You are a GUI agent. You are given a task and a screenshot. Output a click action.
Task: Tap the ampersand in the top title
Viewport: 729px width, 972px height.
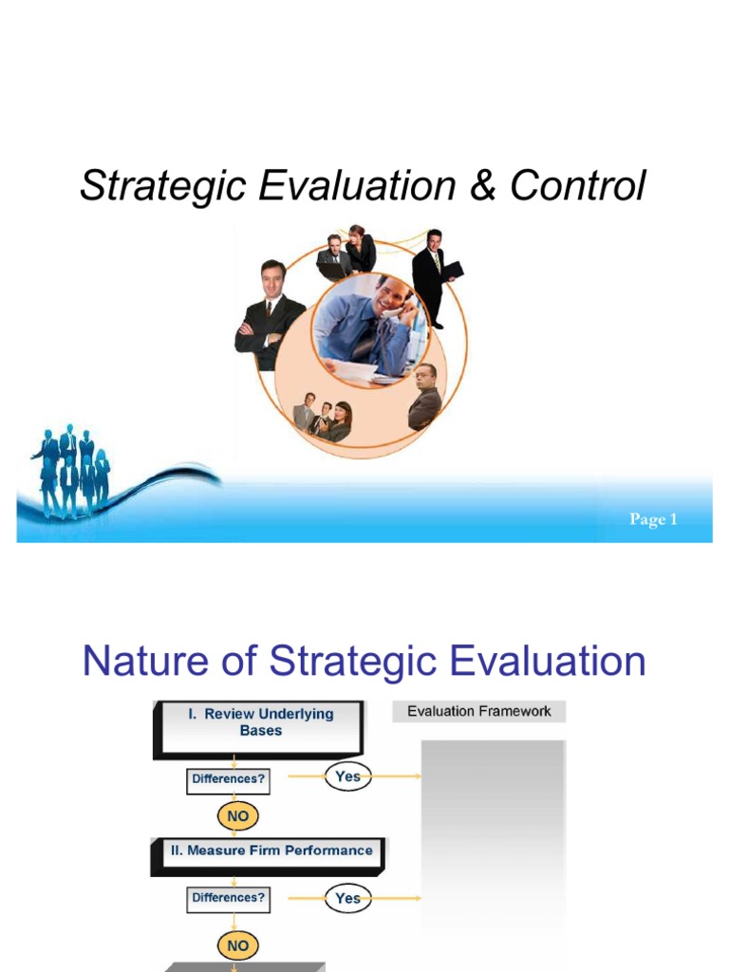click(482, 186)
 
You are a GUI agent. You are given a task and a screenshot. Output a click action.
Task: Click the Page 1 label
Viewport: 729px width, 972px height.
click(653, 519)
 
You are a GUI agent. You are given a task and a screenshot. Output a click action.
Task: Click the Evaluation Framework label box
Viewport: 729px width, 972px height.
click(478, 711)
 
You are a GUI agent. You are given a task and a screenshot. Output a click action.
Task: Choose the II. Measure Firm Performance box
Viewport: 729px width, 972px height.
click(271, 850)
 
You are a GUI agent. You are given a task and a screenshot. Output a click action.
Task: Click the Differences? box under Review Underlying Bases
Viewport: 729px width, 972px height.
click(229, 780)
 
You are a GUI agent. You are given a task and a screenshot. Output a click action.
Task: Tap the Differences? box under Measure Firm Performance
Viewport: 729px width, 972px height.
click(229, 897)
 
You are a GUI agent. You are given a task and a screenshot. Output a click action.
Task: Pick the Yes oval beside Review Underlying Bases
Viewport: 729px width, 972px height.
click(347, 777)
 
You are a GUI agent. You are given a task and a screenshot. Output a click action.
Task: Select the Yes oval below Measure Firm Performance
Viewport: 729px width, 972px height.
click(347, 897)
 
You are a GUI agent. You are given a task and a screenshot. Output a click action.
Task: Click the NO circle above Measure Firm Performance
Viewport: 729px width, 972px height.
click(237, 815)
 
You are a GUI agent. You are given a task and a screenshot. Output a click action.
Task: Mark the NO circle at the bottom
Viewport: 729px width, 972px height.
click(237, 945)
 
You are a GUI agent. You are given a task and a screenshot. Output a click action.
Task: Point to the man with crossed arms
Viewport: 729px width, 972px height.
click(271, 313)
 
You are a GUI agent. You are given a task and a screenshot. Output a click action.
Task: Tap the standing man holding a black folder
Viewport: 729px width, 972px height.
click(432, 275)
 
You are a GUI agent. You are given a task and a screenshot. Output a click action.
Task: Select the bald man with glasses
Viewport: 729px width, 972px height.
click(424, 396)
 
